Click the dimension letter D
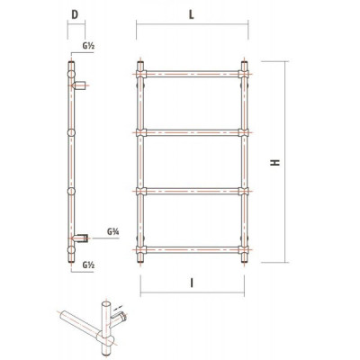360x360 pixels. (x=75, y=14)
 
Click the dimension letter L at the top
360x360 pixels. (x=191, y=14)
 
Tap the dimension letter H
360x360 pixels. (x=275, y=162)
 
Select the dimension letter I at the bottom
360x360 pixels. (x=192, y=283)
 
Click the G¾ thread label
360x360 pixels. (x=113, y=231)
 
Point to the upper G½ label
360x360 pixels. (x=88, y=46)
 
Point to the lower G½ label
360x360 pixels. (x=88, y=265)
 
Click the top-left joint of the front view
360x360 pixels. (x=140, y=74)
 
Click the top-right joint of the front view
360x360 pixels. (x=244, y=74)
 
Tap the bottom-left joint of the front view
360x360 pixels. (x=140, y=249)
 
